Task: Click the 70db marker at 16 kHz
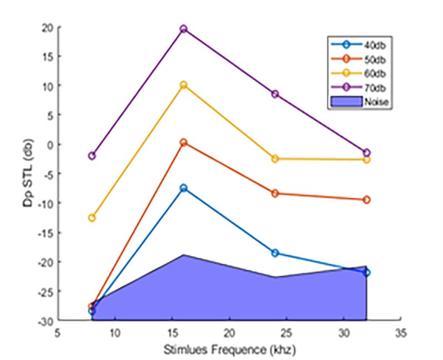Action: pyautogui.click(x=183, y=29)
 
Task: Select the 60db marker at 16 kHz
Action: pyautogui.click(x=183, y=85)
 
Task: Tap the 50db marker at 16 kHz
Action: pyautogui.click(x=183, y=142)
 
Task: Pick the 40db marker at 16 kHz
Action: pyautogui.click(x=183, y=188)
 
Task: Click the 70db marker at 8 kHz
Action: pyautogui.click(x=92, y=156)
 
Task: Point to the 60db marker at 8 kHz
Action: pyautogui.click(x=92, y=218)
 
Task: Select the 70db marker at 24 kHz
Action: pyautogui.click(x=275, y=94)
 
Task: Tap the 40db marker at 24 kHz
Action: pyautogui.click(x=275, y=253)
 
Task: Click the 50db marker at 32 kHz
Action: pyautogui.click(x=366, y=199)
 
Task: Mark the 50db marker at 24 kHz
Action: pyautogui.click(x=275, y=193)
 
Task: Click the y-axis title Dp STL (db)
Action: pyautogui.click(x=29, y=173)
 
